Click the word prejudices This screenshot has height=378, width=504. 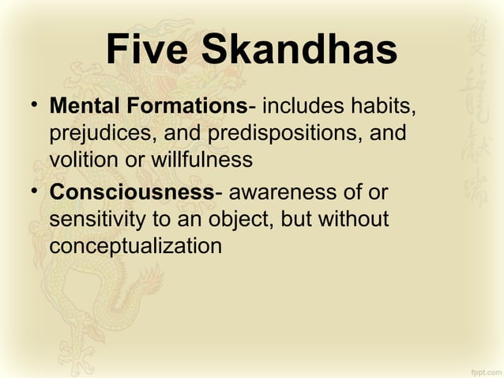point(102,132)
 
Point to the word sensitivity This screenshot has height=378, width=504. point(91,220)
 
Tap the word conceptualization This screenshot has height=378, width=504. point(135,247)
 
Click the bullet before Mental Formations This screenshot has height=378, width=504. point(32,105)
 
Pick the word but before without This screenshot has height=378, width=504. point(296,220)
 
